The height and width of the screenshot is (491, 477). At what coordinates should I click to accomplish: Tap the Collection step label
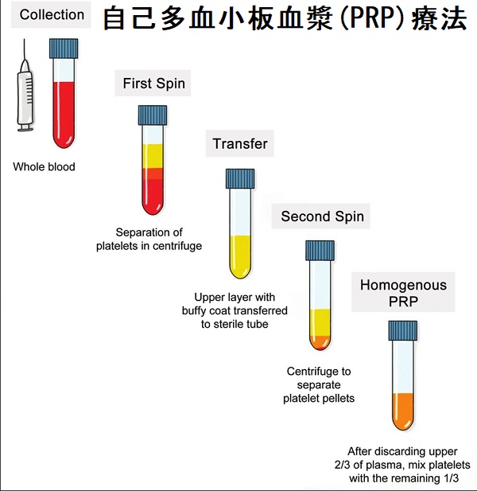(52, 15)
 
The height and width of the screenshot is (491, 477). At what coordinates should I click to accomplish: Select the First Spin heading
(153, 84)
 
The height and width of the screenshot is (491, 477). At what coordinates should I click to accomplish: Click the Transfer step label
(240, 144)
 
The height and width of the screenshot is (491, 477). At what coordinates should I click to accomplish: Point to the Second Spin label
(322, 216)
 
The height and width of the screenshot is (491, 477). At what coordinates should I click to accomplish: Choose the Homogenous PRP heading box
(403, 293)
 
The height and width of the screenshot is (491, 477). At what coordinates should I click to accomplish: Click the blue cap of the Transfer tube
(241, 177)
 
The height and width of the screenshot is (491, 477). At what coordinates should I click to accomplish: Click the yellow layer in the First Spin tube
(152, 156)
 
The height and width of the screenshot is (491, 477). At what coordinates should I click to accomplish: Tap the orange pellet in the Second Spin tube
(320, 343)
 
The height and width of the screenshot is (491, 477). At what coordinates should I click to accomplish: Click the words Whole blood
(44, 167)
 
